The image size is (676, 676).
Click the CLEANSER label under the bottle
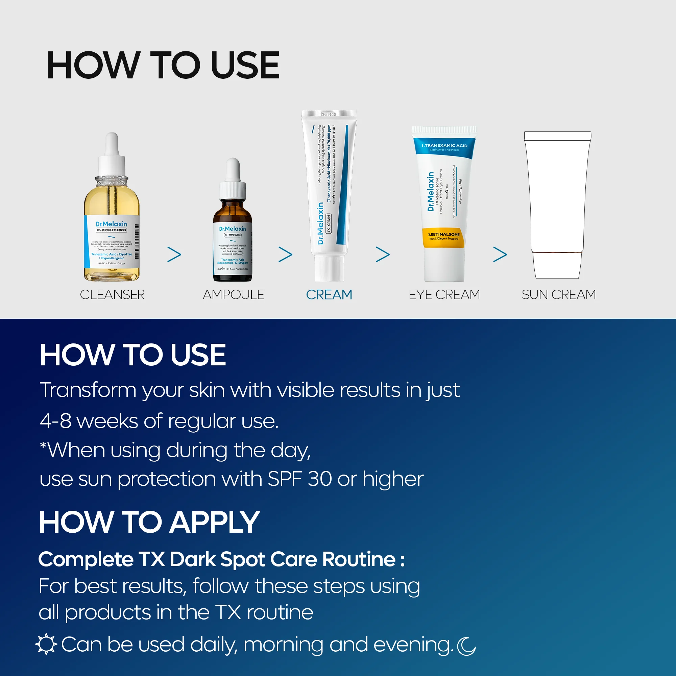click(112, 295)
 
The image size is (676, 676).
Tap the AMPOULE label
click(233, 295)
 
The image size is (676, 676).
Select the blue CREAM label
click(329, 295)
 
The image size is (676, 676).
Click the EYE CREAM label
click(444, 295)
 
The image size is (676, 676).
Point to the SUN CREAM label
click(558, 295)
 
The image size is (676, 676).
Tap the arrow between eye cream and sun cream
click(500, 255)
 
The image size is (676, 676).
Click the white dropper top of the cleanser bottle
click(112, 154)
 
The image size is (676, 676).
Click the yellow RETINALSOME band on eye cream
click(444, 237)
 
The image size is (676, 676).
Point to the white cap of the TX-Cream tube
click(329, 268)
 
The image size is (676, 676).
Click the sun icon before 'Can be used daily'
click(46, 644)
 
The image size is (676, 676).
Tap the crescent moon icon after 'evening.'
click(466, 646)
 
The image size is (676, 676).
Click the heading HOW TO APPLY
click(149, 522)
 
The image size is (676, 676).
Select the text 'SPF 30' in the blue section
click(299, 479)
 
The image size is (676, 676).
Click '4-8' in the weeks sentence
click(56, 421)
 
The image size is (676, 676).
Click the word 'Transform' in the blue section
click(88, 390)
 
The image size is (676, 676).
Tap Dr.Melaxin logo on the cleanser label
click(111, 224)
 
